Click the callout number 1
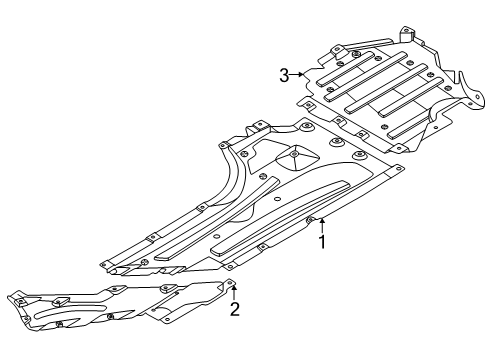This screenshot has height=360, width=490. coord(322,241)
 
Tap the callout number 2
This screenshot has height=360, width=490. coord(235,309)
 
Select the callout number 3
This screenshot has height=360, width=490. coord(284,75)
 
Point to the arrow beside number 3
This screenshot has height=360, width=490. coord(297,75)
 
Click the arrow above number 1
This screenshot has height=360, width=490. coord(322,225)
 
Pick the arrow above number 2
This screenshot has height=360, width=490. coord(234,293)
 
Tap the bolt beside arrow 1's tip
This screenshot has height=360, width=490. coord(310,219)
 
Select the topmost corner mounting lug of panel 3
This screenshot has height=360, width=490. coord(407,33)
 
